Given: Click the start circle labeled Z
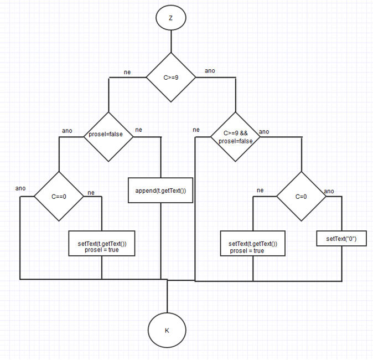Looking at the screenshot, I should (170, 18).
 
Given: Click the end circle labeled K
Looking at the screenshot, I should (167, 330).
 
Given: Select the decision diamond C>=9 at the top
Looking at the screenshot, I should (170, 78).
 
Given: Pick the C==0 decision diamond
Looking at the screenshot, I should (59, 197).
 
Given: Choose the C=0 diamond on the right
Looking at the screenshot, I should (301, 197).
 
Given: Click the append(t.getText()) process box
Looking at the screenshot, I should (160, 191).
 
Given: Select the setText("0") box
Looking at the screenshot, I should (341, 239).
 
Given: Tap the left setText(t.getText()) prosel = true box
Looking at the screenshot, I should (102, 246).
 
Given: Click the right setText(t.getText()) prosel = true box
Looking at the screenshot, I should (253, 247).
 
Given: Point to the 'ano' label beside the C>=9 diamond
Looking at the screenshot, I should (210, 71).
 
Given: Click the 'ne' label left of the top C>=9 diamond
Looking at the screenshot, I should (127, 72).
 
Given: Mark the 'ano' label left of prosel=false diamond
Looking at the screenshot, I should (67, 131).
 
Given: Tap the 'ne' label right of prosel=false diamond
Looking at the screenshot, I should (138, 130).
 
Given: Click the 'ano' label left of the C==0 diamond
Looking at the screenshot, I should (20, 188).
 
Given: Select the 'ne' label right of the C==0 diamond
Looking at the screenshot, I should (91, 193).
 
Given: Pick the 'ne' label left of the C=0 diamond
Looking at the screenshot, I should (260, 191).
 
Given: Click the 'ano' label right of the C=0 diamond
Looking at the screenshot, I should (329, 191).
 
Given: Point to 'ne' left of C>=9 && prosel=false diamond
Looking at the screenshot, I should (196, 130).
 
